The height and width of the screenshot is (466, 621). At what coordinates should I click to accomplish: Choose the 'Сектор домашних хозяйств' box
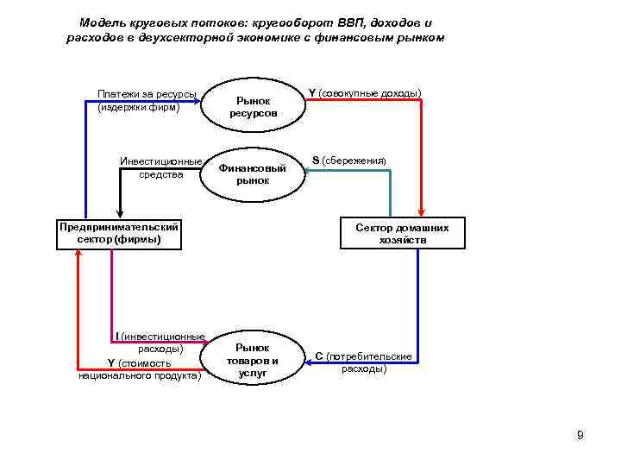tap(402, 234)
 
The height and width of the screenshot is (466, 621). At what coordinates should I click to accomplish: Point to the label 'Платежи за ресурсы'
tap(147, 94)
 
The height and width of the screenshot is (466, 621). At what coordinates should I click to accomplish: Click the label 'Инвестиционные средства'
tap(161, 168)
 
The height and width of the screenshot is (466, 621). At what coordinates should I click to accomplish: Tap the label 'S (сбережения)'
tap(349, 161)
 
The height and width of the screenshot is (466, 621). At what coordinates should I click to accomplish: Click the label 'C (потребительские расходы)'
tap(363, 362)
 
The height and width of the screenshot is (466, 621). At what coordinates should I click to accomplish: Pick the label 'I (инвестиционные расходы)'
tap(160, 343)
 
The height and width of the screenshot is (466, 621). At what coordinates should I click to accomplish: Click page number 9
tap(580, 435)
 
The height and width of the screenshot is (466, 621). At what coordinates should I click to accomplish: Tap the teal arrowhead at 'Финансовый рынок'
tap(310, 170)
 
